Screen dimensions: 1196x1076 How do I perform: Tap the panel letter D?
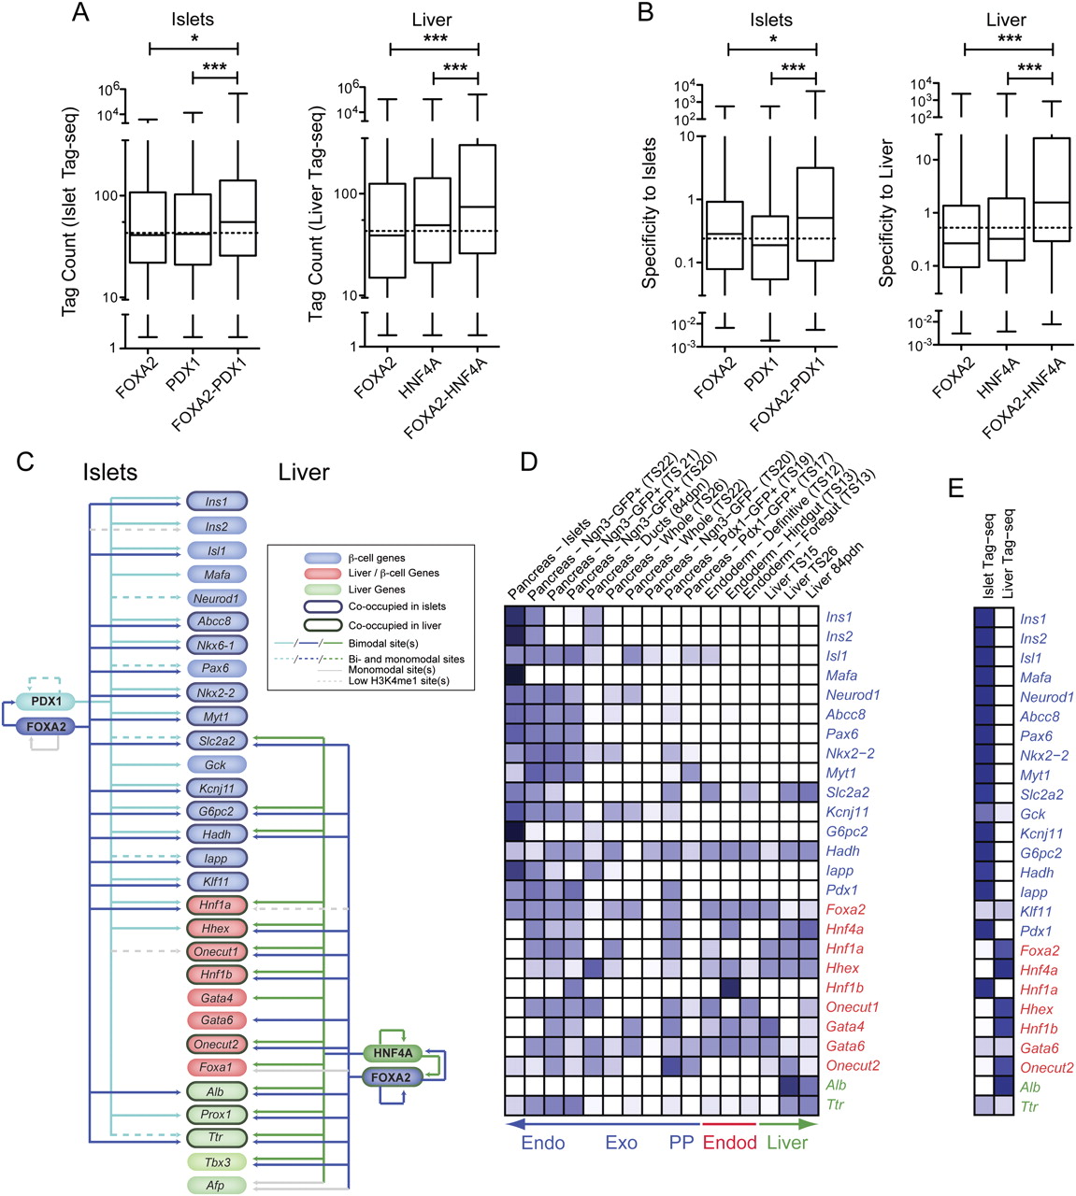[530, 462]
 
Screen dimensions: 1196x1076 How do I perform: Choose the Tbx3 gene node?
[216, 1162]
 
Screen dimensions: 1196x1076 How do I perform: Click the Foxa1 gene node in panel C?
[216, 1067]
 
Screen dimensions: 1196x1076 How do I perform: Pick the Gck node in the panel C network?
[216, 764]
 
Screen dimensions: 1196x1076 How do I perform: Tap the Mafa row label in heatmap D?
[841, 675]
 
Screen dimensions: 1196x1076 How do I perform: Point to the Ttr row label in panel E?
[1030, 1107]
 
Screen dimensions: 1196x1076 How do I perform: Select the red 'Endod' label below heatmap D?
[729, 1142]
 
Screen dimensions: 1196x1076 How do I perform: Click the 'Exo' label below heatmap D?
[622, 1142]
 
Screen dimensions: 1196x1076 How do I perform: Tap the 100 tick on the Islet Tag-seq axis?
[109, 196]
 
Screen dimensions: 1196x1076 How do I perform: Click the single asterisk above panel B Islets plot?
[772, 38]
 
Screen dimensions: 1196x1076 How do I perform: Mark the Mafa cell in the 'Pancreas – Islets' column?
[515, 675]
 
